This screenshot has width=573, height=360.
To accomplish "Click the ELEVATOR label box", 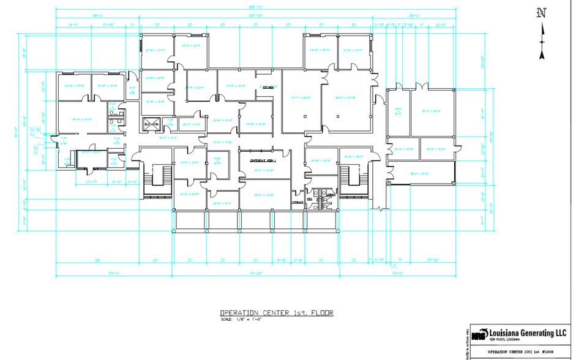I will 151,124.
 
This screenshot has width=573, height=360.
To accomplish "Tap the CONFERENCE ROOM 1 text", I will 263,160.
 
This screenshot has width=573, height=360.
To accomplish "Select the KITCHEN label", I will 268,88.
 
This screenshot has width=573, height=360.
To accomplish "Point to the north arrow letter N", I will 541,13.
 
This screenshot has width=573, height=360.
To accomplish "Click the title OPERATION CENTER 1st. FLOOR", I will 277,313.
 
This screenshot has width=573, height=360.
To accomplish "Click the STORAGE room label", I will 298,203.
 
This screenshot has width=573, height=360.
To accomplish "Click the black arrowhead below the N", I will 541,54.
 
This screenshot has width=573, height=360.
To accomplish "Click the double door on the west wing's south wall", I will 86,167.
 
